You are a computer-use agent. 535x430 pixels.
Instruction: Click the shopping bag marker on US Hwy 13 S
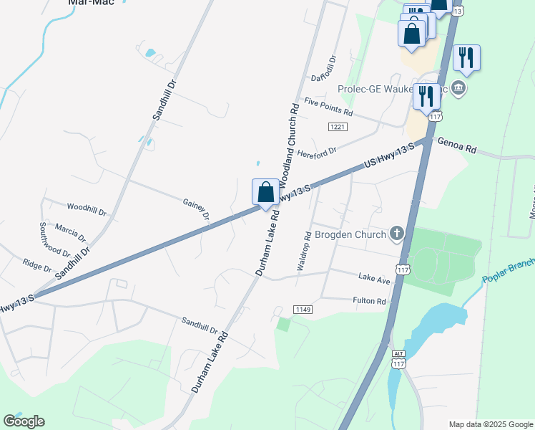coord(265,193)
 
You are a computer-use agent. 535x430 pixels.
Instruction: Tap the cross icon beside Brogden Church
coord(397,234)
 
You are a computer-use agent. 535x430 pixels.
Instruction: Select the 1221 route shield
coord(338,127)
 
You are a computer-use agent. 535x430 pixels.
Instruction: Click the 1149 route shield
coord(303,309)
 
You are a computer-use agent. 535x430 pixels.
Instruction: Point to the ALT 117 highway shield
coord(398,360)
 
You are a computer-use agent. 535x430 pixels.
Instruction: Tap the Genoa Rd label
coord(457,145)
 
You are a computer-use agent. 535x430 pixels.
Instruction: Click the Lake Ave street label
coord(374,278)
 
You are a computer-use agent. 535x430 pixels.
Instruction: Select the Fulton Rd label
coord(369,301)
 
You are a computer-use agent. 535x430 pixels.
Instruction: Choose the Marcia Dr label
coord(70,233)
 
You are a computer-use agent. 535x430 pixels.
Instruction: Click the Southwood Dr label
coord(54,239)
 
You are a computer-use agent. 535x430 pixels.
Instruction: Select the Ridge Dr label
coord(37,266)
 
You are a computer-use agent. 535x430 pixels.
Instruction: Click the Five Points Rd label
coord(328,107)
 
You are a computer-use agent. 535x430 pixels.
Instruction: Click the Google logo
coord(24,421)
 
